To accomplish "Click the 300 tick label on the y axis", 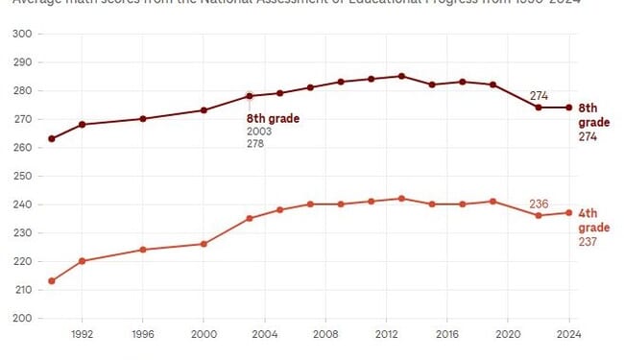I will click(x=20, y=34).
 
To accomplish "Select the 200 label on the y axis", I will click(x=20, y=318).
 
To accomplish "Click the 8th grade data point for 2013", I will click(x=401, y=76).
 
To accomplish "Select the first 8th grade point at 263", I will click(x=51, y=138).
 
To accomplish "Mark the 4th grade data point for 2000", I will click(x=204, y=244).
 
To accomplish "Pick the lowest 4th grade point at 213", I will click(x=51, y=281).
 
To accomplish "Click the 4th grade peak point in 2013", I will click(x=401, y=199).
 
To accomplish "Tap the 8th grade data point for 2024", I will click(x=568, y=108).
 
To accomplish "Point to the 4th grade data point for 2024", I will click(x=568, y=213).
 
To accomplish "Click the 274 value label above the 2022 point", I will click(x=540, y=96).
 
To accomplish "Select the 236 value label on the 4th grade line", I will click(x=540, y=203).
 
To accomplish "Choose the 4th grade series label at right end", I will click(x=592, y=228).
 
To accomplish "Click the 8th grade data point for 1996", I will click(x=143, y=119).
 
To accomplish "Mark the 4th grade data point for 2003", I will click(x=249, y=219).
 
